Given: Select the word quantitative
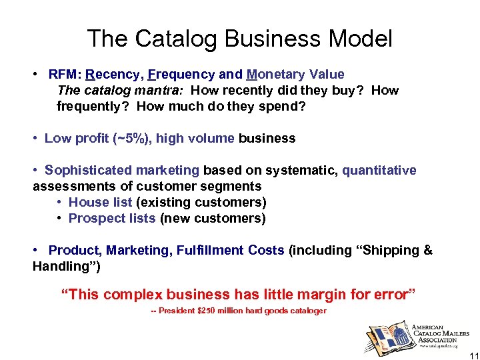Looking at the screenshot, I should [379, 171].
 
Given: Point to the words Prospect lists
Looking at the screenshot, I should [112, 219].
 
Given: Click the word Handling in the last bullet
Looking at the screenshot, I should [61, 267].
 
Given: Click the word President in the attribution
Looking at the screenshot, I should [176, 311].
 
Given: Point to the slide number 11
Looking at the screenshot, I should [471, 351].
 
